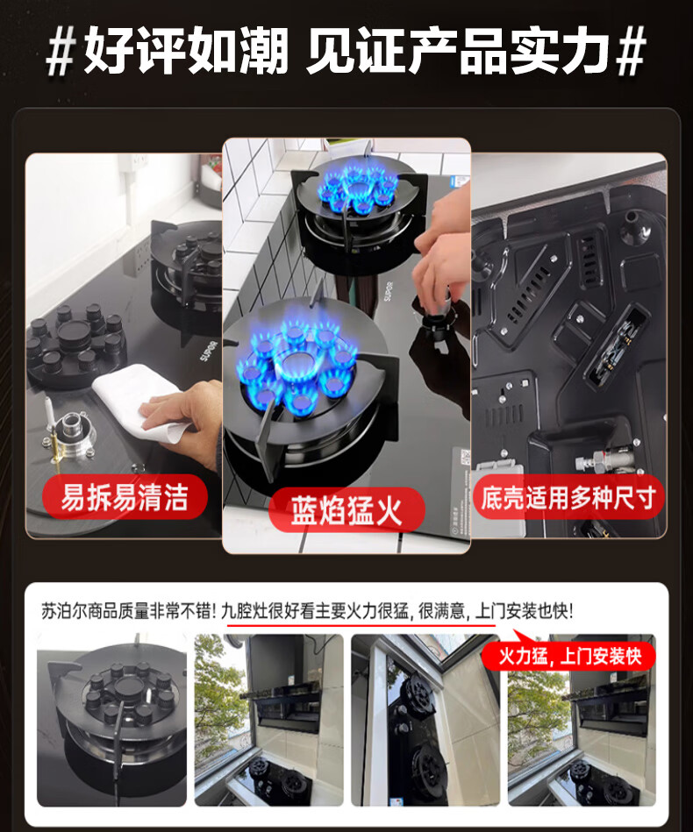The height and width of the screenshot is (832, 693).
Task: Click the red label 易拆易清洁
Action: (125, 496)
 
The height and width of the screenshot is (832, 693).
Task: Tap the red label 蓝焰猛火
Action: (346, 510)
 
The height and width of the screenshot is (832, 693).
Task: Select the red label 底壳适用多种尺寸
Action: (568, 497)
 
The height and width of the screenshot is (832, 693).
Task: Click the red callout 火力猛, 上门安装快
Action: (569, 657)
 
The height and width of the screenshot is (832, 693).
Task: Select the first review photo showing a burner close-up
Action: (111, 720)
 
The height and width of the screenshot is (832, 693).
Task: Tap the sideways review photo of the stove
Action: (425, 720)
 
